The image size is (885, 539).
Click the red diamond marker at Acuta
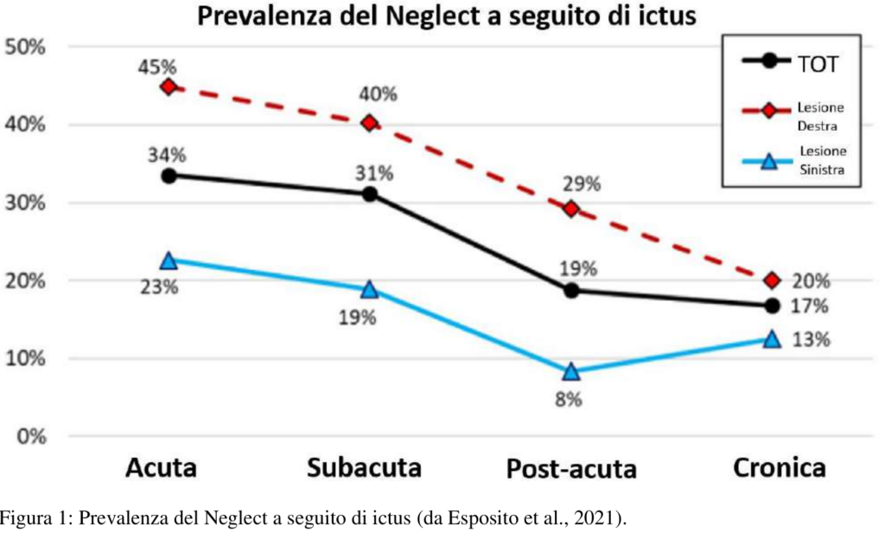click(x=169, y=87)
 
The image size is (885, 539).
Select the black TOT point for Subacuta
click(x=370, y=194)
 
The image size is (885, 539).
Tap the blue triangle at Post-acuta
click(x=570, y=371)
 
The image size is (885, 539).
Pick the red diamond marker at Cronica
click(x=772, y=280)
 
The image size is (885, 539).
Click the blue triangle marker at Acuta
click(x=169, y=260)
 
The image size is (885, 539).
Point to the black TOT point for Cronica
click(x=772, y=305)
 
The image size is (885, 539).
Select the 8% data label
click(x=569, y=399)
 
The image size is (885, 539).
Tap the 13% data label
click(x=812, y=339)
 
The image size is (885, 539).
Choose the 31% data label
click(x=374, y=172)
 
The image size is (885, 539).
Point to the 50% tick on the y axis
click(x=26, y=47)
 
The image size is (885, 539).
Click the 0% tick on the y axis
click(x=30, y=436)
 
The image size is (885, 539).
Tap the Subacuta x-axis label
click(x=365, y=469)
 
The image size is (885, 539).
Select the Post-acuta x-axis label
click(x=571, y=470)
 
